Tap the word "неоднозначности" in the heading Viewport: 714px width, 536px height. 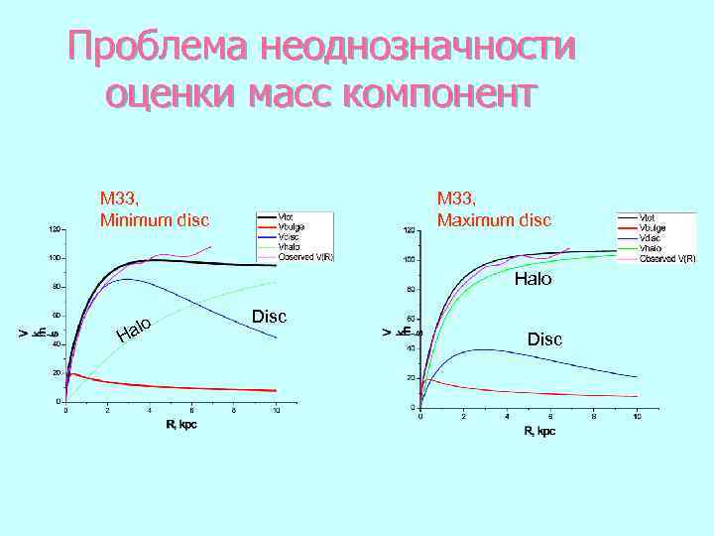click(416, 46)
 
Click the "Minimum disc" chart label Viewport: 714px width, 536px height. click(154, 218)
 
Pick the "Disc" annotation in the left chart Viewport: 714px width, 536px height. click(269, 317)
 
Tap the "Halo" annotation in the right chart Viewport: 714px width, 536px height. click(533, 280)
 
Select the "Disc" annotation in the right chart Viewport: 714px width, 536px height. click(544, 339)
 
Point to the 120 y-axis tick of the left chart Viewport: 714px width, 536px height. click(56, 229)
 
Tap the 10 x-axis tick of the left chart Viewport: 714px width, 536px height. click(277, 410)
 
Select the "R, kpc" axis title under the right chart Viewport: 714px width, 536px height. click(539, 431)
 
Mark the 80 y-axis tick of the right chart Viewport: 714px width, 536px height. click(410, 290)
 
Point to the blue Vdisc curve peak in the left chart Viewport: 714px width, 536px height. click(125, 279)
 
